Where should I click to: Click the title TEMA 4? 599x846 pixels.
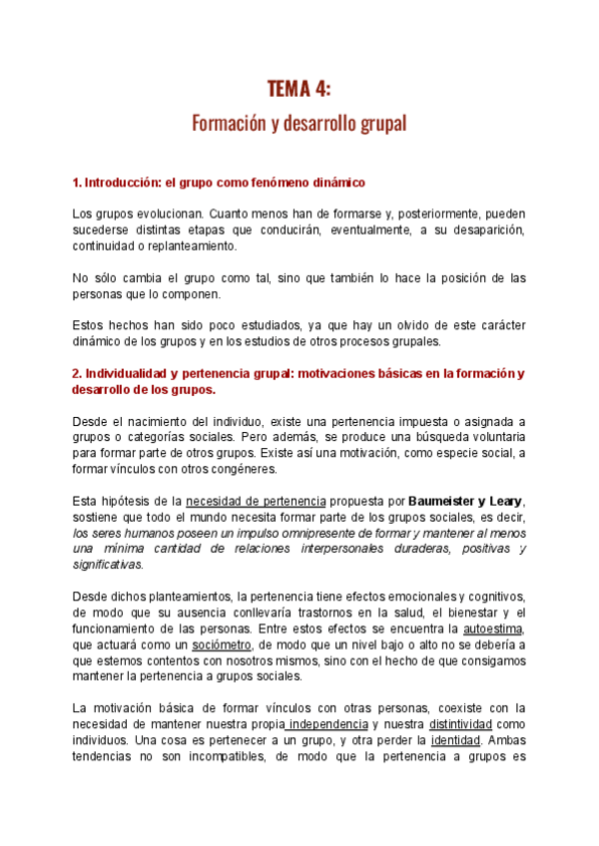click(x=299, y=90)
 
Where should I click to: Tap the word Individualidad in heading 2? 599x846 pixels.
click(x=127, y=373)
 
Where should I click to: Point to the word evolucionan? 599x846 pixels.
click(x=169, y=214)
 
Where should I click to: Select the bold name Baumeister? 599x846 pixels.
click(x=450, y=500)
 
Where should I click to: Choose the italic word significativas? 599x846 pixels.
click(x=109, y=564)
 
